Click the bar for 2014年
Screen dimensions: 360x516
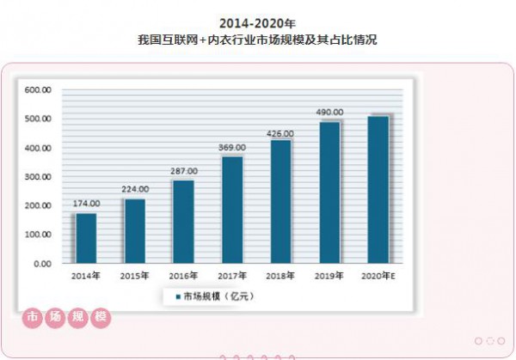86,238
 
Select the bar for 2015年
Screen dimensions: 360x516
135,231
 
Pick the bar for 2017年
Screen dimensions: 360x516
232,210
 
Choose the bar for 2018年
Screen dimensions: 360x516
281,202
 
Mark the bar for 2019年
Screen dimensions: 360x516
329,192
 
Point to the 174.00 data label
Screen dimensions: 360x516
86,204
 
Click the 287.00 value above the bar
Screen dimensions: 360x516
183,171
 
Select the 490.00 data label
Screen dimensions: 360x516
329,113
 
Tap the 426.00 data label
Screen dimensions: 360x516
281,133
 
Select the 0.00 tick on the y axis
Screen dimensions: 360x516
45,264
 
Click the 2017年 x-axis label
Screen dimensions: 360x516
232,276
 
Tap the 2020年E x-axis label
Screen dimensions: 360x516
378,276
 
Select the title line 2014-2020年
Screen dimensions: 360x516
257,21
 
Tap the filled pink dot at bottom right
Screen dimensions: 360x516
478,340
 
